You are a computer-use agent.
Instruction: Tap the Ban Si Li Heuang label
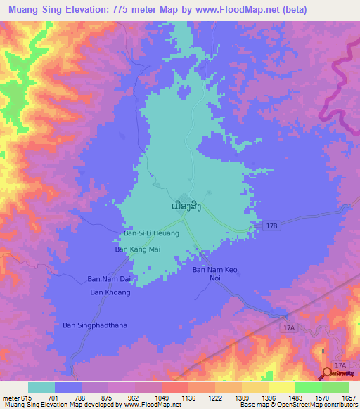coord(152,233)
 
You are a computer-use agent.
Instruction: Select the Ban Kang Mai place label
coord(139,249)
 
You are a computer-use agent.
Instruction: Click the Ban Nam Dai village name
coord(109,278)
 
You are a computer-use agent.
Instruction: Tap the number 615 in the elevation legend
coord(27,398)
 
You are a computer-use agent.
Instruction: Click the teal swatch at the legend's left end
coord(41,387)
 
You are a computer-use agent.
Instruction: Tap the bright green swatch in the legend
coord(308,387)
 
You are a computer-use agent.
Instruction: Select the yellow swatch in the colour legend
coord(281,387)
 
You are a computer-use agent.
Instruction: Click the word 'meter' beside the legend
coord(11,398)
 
